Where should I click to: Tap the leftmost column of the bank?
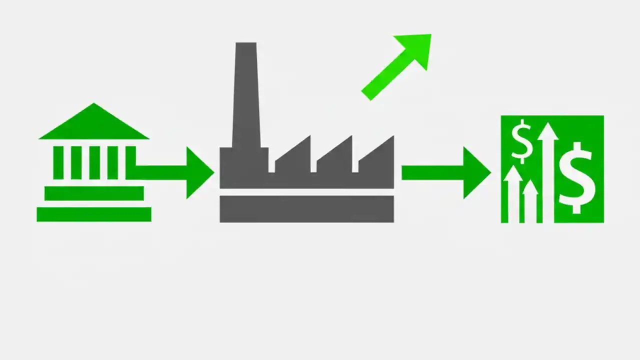(58, 162)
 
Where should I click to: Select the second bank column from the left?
(76, 162)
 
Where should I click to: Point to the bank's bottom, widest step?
(93, 214)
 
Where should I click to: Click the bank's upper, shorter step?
(93, 193)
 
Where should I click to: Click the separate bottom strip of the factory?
(306, 209)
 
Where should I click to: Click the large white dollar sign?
(577, 177)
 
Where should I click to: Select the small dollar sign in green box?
(522, 141)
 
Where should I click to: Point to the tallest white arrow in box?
(547, 170)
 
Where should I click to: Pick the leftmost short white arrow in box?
(512, 195)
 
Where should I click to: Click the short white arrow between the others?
(530, 200)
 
